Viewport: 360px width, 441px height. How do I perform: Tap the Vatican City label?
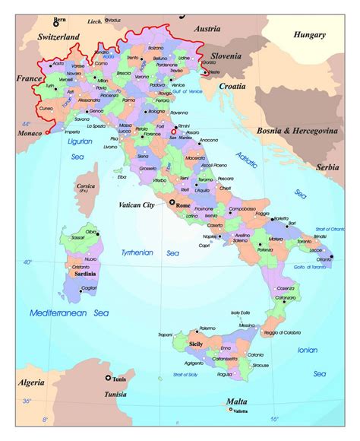click(x=137, y=205)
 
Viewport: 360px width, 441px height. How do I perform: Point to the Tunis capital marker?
click(x=107, y=378)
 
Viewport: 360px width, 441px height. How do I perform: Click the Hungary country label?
click(x=310, y=34)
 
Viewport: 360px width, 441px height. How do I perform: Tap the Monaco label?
click(x=27, y=134)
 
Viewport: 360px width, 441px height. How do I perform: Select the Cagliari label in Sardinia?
click(x=89, y=288)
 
